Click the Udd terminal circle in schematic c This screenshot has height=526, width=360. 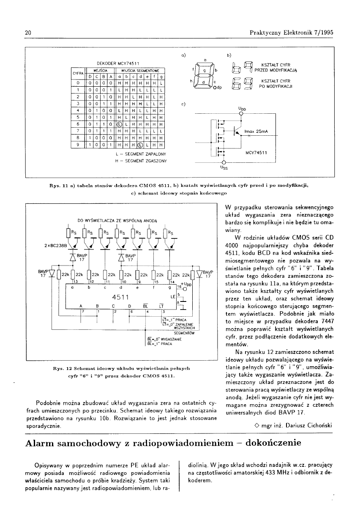pyautogui.click(x=241, y=113)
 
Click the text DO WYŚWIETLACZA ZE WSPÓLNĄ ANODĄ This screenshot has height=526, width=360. pyautogui.click(x=117, y=220)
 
